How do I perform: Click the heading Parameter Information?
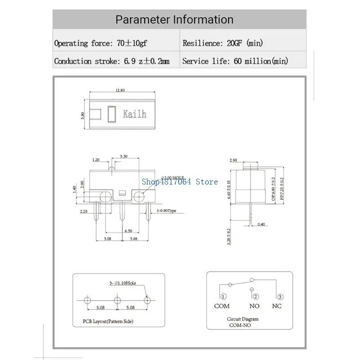175,20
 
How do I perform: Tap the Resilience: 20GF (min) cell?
222,43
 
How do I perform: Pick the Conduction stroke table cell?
112,61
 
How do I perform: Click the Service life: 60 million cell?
235,61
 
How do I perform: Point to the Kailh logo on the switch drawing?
135,114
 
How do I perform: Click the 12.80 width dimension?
120,90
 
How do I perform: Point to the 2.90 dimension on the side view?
234,160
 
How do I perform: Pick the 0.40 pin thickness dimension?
261,224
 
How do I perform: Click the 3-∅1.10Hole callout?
122,283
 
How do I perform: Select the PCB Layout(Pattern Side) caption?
108,321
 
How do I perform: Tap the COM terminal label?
222,306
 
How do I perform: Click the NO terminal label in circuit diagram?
255,306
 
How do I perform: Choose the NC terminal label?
277,306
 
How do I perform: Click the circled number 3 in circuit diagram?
280,297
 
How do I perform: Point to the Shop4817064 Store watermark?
180,182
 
